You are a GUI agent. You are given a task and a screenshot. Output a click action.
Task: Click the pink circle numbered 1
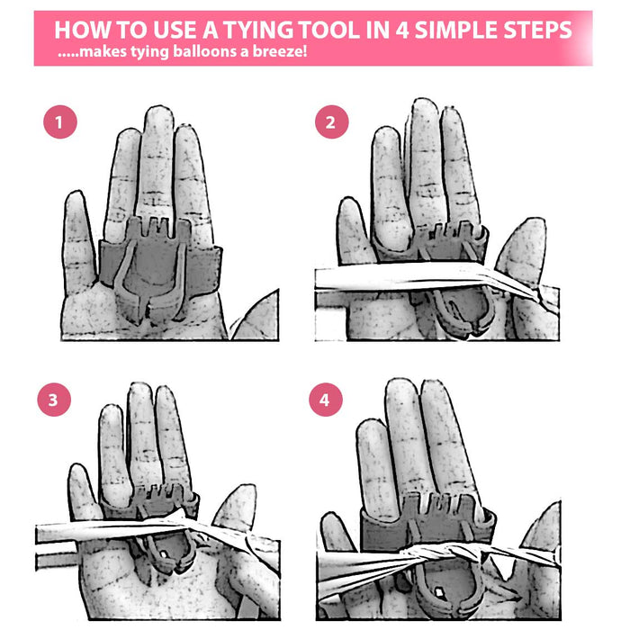[60, 122]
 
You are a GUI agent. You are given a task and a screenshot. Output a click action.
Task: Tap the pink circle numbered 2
[332, 122]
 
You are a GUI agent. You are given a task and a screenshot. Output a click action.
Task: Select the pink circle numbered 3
[54, 400]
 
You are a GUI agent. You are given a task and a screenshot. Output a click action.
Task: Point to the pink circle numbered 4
[326, 400]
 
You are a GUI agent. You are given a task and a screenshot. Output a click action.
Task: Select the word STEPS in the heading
[537, 30]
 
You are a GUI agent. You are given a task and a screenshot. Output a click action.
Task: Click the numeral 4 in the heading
[402, 30]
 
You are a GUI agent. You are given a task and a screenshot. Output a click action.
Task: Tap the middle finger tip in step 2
[424, 108]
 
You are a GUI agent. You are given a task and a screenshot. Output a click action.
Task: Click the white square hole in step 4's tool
[440, 591]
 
